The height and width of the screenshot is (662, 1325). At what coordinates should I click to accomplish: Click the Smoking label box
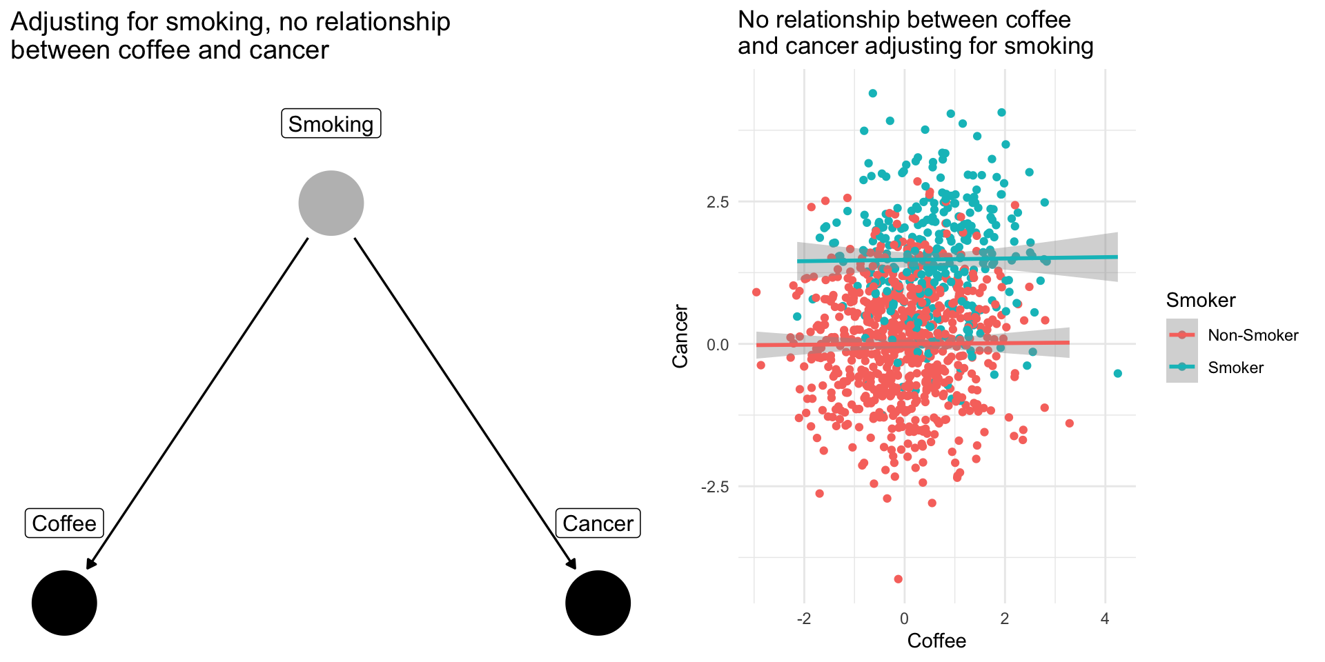point(331,124)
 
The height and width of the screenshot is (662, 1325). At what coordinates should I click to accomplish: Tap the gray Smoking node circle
point(331,203)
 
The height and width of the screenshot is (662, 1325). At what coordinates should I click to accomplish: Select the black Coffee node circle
point(64,603)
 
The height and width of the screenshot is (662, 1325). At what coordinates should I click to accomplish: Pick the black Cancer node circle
point(598,603)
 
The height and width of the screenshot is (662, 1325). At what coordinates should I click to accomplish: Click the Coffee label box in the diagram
point(64,523)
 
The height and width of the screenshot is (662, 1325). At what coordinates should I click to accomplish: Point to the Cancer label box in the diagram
point(598,523)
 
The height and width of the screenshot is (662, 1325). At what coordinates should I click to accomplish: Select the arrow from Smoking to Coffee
point(197,403)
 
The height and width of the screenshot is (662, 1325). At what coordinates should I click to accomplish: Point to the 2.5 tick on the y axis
point(717,202)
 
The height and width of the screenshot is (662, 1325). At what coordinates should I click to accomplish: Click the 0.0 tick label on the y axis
point(717,345)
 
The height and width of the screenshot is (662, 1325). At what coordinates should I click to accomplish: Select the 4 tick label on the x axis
point(1105,619)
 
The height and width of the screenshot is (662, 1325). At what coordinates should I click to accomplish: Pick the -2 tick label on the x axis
point(804,619)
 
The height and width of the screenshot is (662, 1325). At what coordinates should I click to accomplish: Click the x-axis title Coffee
point(936,641)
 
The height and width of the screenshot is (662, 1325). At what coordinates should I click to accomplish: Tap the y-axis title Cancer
point(681,337)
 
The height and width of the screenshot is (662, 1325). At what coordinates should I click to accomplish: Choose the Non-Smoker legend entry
point(1253,335)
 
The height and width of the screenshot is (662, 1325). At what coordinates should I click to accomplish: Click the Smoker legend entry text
point(1235,368)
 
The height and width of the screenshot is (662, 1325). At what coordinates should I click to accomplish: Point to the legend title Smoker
point(1201,300)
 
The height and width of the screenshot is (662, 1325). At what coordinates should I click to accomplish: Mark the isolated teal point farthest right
point(1117,374)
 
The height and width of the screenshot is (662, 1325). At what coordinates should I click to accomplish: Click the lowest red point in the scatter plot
point(898,579)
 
